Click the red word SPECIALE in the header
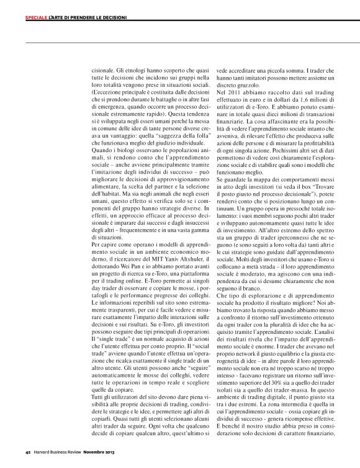[36, 18]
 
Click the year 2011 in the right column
[237, 91]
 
